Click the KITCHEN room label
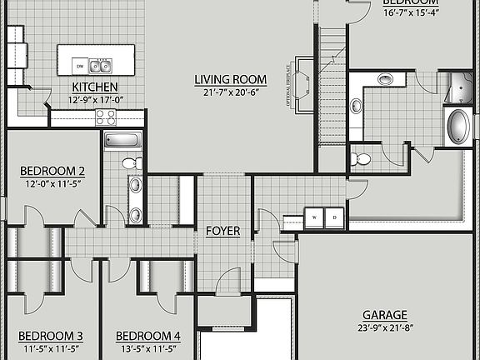(94, 87)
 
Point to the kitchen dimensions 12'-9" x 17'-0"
(95, 100)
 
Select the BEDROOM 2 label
(52, 172)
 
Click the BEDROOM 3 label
(50, 336)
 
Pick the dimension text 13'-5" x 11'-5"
(147, 348)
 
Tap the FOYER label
(222, 231)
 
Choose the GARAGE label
(385, 315)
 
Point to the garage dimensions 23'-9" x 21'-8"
(385, 327)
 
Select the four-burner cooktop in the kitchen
(106, 117)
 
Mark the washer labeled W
(314, 217)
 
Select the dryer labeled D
(334, 217)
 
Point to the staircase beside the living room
(331, 83)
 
